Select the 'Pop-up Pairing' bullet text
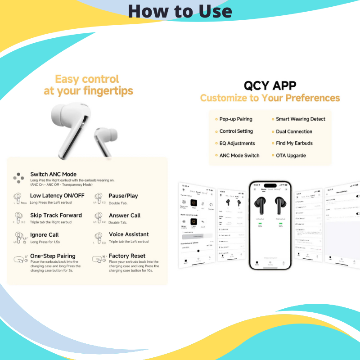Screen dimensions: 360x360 pos(236,119)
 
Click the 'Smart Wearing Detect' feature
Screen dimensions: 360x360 pos(300,119)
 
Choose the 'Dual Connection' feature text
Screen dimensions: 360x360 pos(294,131)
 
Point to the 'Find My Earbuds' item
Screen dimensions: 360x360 pos(294,143)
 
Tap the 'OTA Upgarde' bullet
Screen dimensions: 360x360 pos(291,155)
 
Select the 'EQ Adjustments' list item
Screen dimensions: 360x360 pos(237,143)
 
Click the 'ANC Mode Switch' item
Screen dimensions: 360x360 pos(239,155)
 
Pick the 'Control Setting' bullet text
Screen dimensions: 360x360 pos(236,131)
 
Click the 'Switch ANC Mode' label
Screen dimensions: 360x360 pos(53,174)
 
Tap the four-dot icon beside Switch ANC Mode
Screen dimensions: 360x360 pos(18,177)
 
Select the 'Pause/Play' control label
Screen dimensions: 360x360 pos(123,196)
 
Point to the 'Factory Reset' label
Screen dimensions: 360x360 pos(127,256)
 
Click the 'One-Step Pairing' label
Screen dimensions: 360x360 pos(53,256)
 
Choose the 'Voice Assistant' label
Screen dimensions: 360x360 pos(129,234)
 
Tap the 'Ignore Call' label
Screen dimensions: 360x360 pos(45,234)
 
